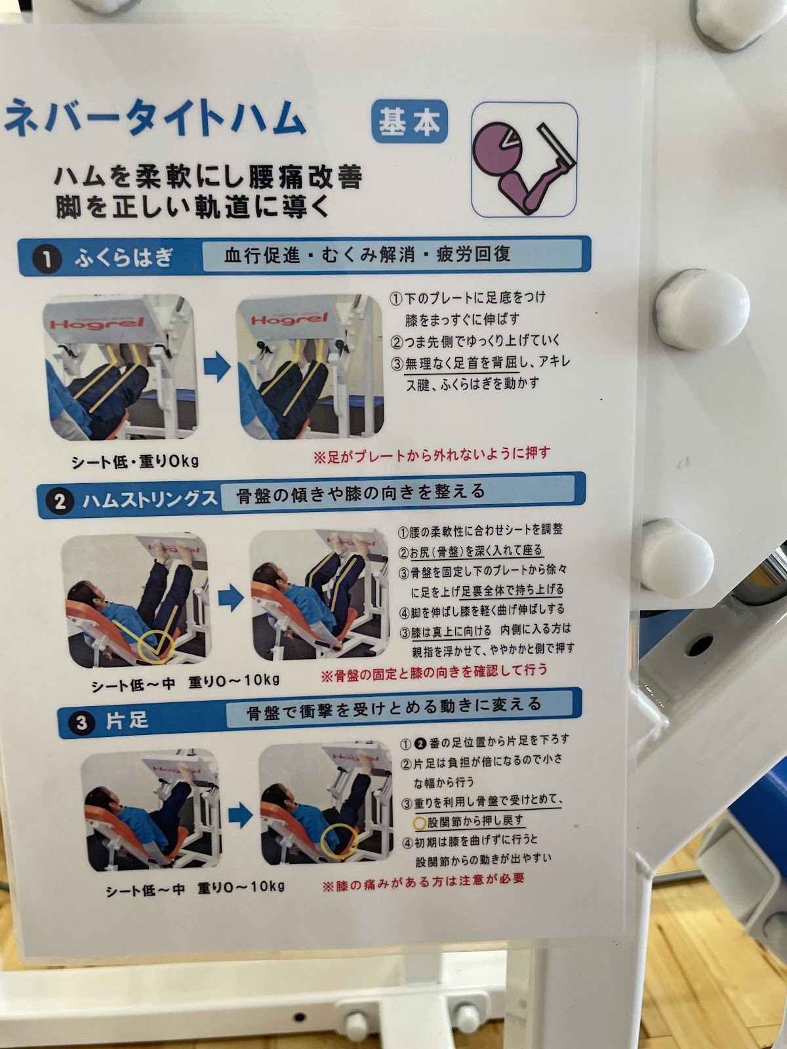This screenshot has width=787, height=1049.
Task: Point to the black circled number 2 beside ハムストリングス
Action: coord(60,502)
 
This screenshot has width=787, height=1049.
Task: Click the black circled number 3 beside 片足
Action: coord(81,722)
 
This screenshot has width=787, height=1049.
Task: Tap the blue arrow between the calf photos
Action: coord(217,366)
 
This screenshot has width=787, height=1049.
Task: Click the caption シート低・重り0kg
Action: coord(135,462)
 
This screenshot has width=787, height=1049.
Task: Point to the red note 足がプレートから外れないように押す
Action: coord(432,455)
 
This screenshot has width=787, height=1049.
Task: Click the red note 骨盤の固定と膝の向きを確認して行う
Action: coord(434,671)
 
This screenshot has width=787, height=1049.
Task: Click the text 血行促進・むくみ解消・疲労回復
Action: coord(367,255)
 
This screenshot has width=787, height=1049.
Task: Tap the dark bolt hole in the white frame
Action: coord(699,644)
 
